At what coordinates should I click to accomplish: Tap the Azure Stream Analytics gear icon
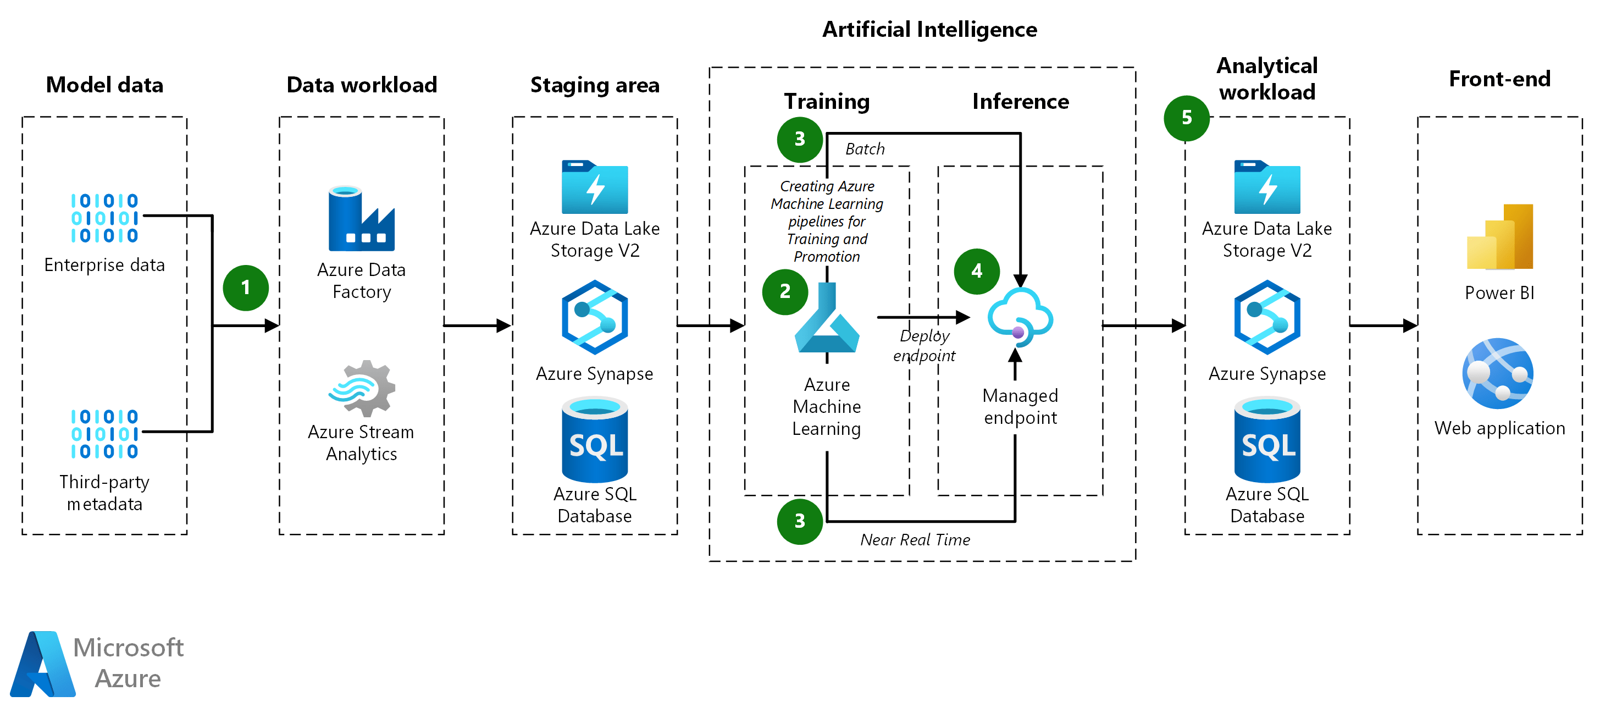pos(363,388)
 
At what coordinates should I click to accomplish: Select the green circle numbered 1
pos(245,288)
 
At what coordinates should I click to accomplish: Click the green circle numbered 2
pos(785,291)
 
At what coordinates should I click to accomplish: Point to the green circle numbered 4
pos(976,271)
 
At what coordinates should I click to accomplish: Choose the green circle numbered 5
pos(1186,118)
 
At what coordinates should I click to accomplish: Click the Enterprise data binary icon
pos(104,218)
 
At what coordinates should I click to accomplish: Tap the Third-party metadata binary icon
pos(104,434)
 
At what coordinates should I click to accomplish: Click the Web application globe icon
pos(1498,373)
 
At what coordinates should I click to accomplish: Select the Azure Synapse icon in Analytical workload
pos(1266,317)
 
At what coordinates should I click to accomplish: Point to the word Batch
pos(865,149)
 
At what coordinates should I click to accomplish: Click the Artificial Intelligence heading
pos(929,29)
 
